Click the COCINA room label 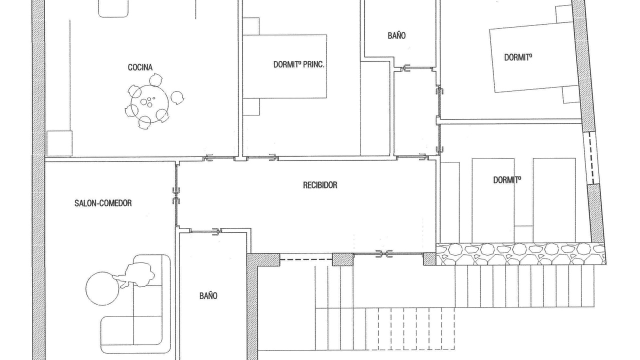coord(140,67)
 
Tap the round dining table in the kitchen coord(149,103)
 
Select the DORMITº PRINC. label coord(299,64)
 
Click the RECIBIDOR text coord(320,185)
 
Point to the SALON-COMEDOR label coord(103,203)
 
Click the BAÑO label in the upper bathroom coord(396,35)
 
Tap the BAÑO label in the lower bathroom coord(208,295)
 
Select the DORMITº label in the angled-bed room coord(518,57)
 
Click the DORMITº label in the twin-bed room coord(507,179)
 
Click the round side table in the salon coord(102,288)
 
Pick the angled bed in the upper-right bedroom coord(532,57)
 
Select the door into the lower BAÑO coord(205,231)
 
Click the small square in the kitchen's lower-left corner coord(59,143)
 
